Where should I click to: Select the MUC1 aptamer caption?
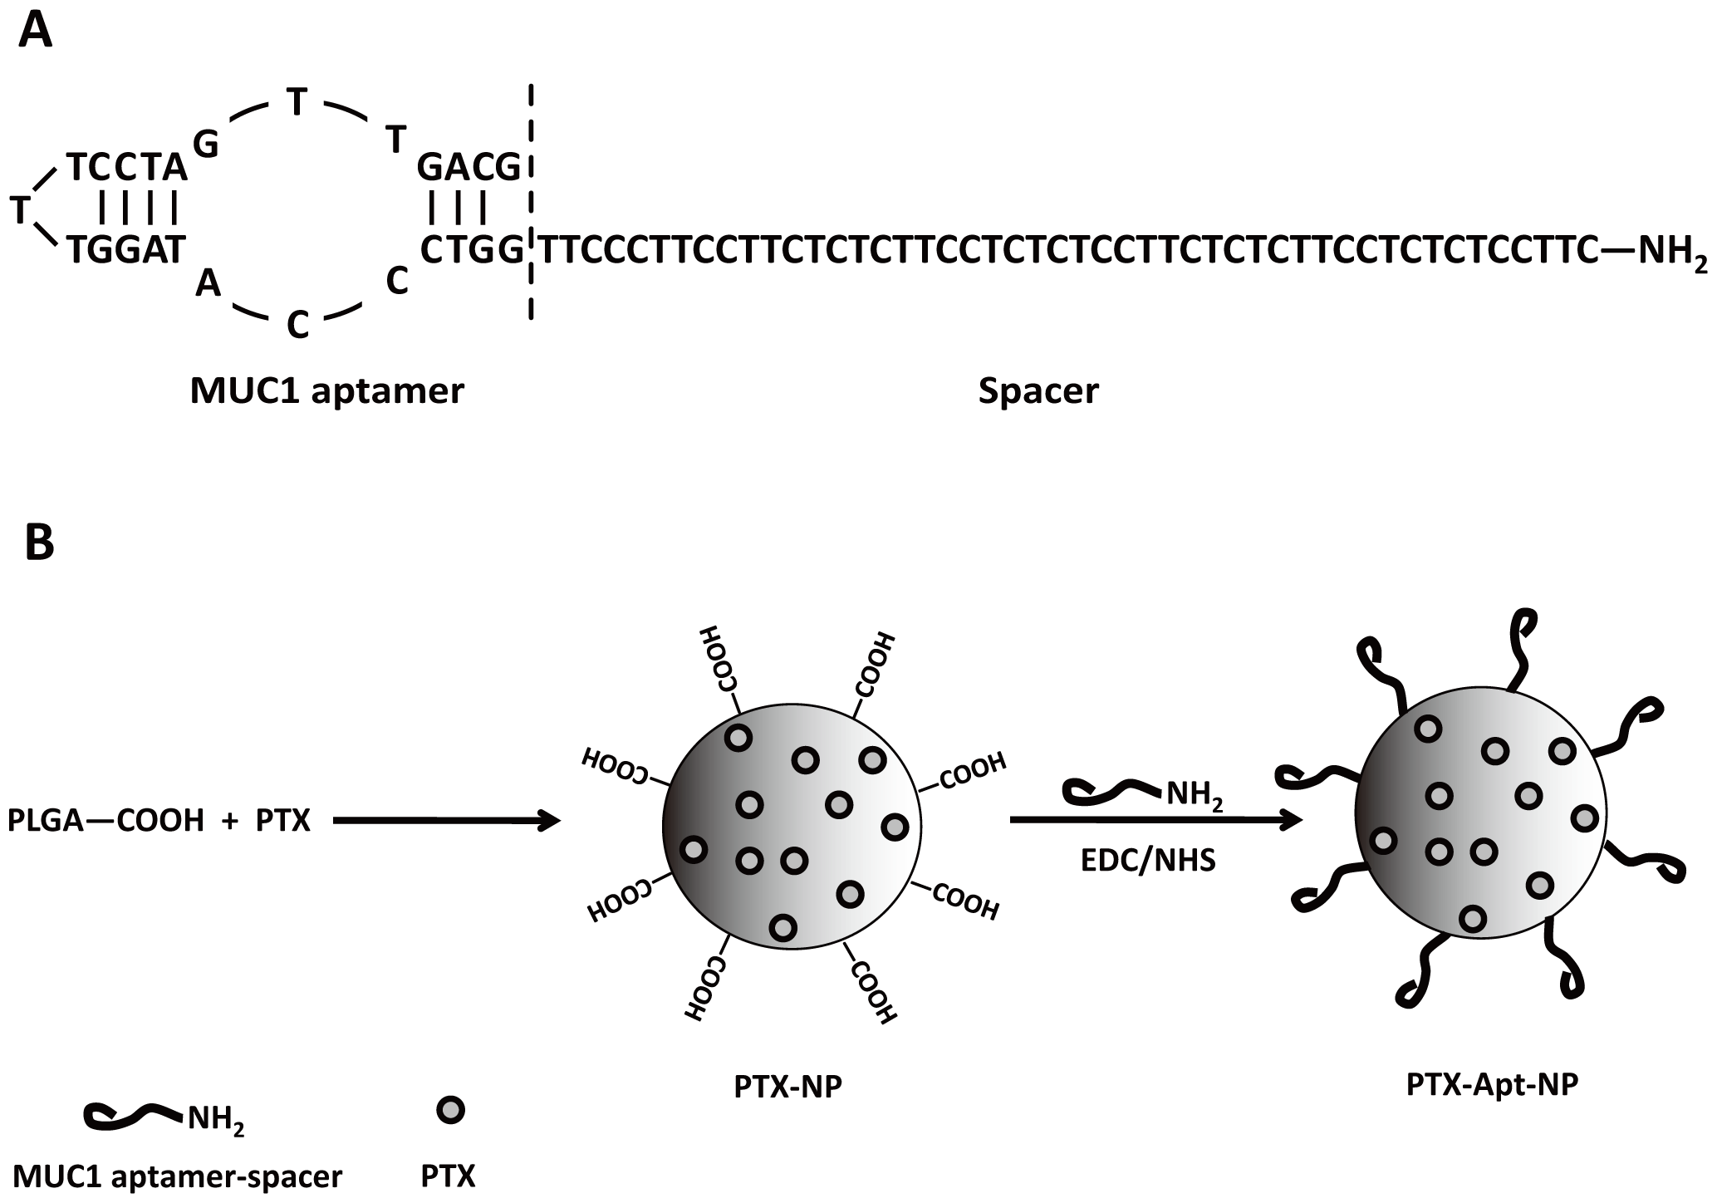coord(326,390)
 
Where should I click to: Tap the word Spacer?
coord(1038,390)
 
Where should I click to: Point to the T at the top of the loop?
coord(297,103)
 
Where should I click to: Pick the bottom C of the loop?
coord(297,326)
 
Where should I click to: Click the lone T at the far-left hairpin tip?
coord(20,211)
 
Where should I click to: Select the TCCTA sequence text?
coord(127,168)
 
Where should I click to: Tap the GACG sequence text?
coord(468,168)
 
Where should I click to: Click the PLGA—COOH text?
coord(105,821)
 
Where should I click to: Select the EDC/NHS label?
coord(1148,860)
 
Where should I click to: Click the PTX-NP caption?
coord(787,1088)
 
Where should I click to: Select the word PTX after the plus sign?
coord(283,821)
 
